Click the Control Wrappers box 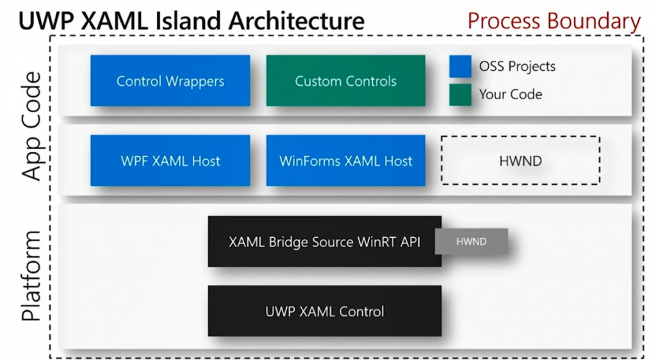pyautogui.click(x=170, y=81)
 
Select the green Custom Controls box pyautogui.click(x=345, y=81)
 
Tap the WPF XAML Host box pyautogui.click(x=170, y=161)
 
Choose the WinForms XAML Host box pyautogui.click(x=345, y=161)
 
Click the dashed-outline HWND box pyautogui.click(x=520, y=160)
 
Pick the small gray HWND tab pyautogui.click(x=471, y=241)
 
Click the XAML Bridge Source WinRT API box pyautogui.click(x=324, y=241)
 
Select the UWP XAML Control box pyautogui.click(x=324, y=311)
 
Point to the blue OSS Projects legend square pyautogui.click(x=460, y=66)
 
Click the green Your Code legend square pyautogui.click(x=460, y=94)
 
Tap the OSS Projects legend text pyautogui.click(x=517, y=66)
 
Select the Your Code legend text pyautogui.click(x=511, y=94)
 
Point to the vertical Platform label pyautogui.click(x=30, y=277)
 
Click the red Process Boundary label pyautogui.click(x=553, y=21)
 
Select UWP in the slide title pyautogui.click(x=44, y=21)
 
